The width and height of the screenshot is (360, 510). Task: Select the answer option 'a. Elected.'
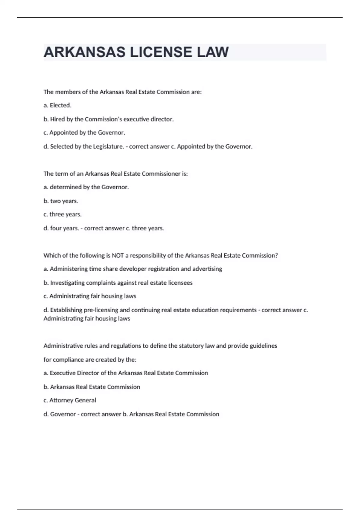58,105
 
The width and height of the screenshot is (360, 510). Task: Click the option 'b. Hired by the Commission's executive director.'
109,119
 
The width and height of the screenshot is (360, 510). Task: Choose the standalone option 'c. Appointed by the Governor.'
84,133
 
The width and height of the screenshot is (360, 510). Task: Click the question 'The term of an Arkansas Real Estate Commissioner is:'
115,174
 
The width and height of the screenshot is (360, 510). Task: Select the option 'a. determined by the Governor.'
86,187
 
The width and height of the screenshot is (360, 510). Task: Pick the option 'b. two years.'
61,201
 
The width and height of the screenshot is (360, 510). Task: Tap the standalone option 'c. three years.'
62,214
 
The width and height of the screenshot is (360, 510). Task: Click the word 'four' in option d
56,228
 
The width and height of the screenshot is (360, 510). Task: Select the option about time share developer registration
133,269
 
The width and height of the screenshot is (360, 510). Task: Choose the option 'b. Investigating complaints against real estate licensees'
118,283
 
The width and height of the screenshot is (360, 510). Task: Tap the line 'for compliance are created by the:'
90,359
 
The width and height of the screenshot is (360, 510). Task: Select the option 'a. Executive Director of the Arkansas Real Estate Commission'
126,373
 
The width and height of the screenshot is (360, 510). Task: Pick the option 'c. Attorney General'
70,400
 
